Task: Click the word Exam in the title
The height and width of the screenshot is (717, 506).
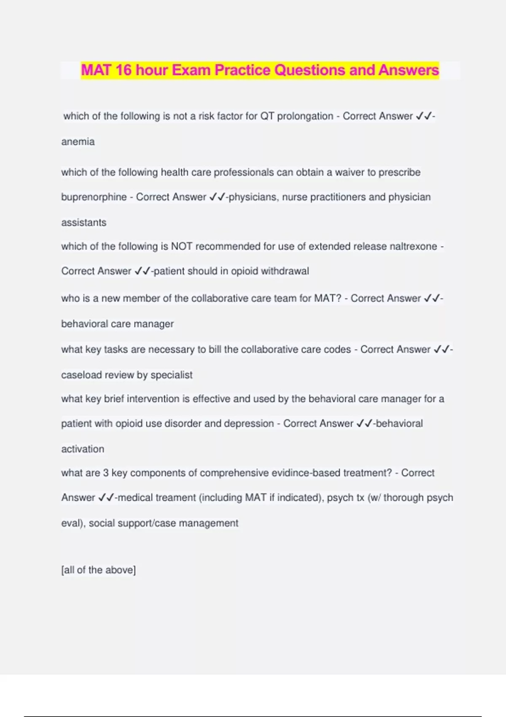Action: (x=191, y=70)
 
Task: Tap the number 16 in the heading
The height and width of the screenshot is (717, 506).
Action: (x=123, y=70)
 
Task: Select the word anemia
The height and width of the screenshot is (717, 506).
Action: (x=78, y=142)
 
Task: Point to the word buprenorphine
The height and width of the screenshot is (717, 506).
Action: (x=94, y=197)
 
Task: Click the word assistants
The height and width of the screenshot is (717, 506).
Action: (x=84, y=222)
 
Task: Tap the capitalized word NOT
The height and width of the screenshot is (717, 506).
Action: (x=181, y=246)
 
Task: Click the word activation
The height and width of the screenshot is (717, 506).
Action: (x=83, y=449)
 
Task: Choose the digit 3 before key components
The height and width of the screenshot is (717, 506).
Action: (x=106, y=473)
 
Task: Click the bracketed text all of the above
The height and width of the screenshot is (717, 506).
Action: (x=99, y=570)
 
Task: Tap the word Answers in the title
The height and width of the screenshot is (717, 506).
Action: (x=409, y=70)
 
